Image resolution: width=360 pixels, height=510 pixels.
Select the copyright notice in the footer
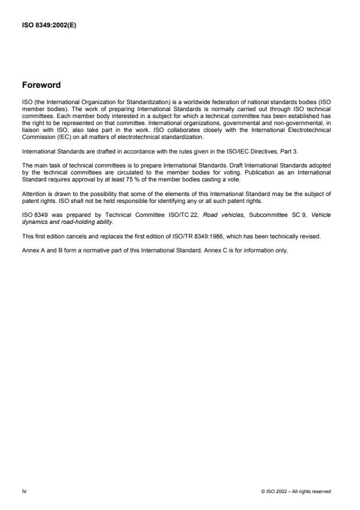click(297, 491)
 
